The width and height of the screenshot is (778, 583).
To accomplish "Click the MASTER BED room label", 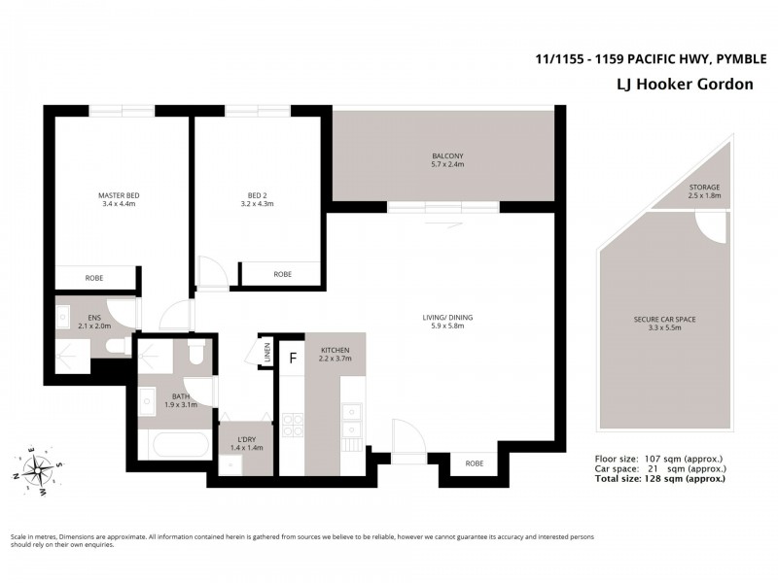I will coord(119,194).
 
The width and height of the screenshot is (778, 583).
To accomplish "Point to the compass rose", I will coord(39,470).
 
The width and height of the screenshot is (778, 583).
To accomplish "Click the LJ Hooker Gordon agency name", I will coord(686,85).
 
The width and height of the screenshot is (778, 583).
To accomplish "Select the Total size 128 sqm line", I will coord(659,479).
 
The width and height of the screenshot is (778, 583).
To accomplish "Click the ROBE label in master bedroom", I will coord(94,278).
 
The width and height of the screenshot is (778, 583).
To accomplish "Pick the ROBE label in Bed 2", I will coord(282,274).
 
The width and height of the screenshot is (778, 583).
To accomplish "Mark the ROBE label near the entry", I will coord(474,463).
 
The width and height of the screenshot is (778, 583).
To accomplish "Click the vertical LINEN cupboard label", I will coord(266,351).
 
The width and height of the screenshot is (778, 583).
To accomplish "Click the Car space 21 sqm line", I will coord(659,468).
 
